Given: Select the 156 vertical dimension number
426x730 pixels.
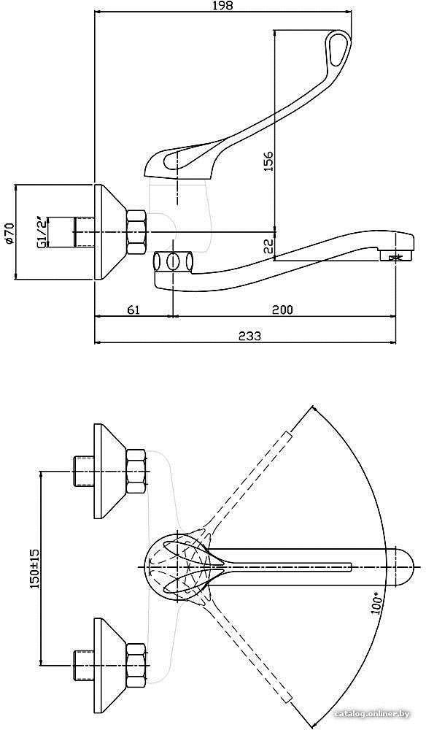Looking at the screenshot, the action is (268, 161).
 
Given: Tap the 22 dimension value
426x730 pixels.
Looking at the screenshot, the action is (268, 246).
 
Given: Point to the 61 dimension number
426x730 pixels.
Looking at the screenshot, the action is (134, 310).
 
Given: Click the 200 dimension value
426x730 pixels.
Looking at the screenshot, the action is (283, 310).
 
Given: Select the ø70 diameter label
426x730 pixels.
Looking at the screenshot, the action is (9, 232).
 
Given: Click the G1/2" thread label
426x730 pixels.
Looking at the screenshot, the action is (42, 231).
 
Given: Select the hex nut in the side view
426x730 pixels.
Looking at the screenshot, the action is (136, 232).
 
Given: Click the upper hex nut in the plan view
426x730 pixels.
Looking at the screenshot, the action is (136, 471).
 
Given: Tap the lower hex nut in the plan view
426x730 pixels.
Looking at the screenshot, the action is (136, 665).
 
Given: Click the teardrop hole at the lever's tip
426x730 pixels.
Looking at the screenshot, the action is (334, 49).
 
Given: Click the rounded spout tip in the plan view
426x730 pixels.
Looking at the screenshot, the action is (405, 566).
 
